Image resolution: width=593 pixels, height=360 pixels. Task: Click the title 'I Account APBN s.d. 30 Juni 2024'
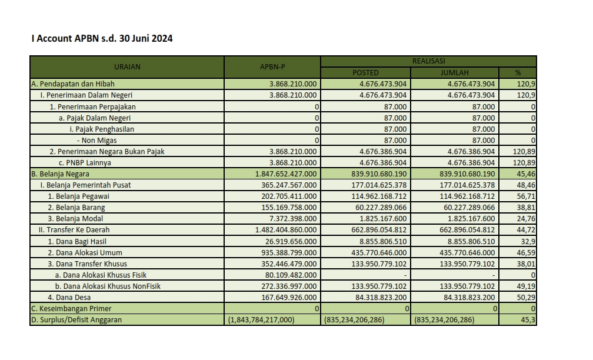click(102, 39)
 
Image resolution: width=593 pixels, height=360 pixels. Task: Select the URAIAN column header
click(127, 66)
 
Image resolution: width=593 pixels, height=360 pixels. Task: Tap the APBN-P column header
click(272, 66)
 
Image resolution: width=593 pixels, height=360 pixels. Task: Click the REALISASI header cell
click(429, 61)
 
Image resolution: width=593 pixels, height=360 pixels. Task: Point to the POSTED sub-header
click(365, 72)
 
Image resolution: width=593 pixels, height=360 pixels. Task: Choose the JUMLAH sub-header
click(454, 72)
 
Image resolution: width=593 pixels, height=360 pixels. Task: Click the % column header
click(518, 72)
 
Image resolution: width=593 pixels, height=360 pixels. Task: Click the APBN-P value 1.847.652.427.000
click(286, 174)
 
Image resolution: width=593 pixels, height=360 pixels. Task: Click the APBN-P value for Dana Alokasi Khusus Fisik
click(289, 275)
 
